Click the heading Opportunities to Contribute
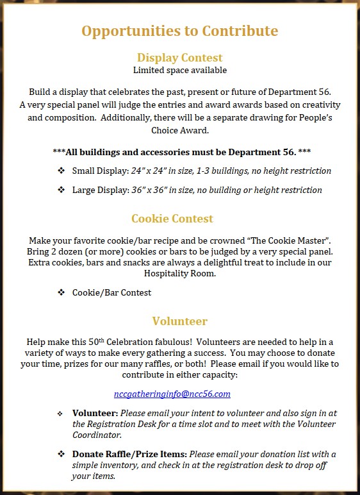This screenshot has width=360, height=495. coord(179,31)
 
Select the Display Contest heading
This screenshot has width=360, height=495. coord(179,58)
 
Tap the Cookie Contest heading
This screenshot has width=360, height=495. coord(172,219)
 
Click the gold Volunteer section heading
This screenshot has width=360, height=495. coord(179,321)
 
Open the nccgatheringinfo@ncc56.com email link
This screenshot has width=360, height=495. coord(172,394)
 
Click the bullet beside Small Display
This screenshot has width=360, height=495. coord(61,171)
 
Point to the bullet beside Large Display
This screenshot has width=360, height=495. coord(61,190)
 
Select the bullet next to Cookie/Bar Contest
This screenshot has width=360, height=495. coord(61,292)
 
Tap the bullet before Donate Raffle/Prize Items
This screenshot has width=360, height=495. coord(61,454)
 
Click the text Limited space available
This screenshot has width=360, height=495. coord(179,70)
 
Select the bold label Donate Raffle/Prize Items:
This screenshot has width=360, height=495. coord(127,454)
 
